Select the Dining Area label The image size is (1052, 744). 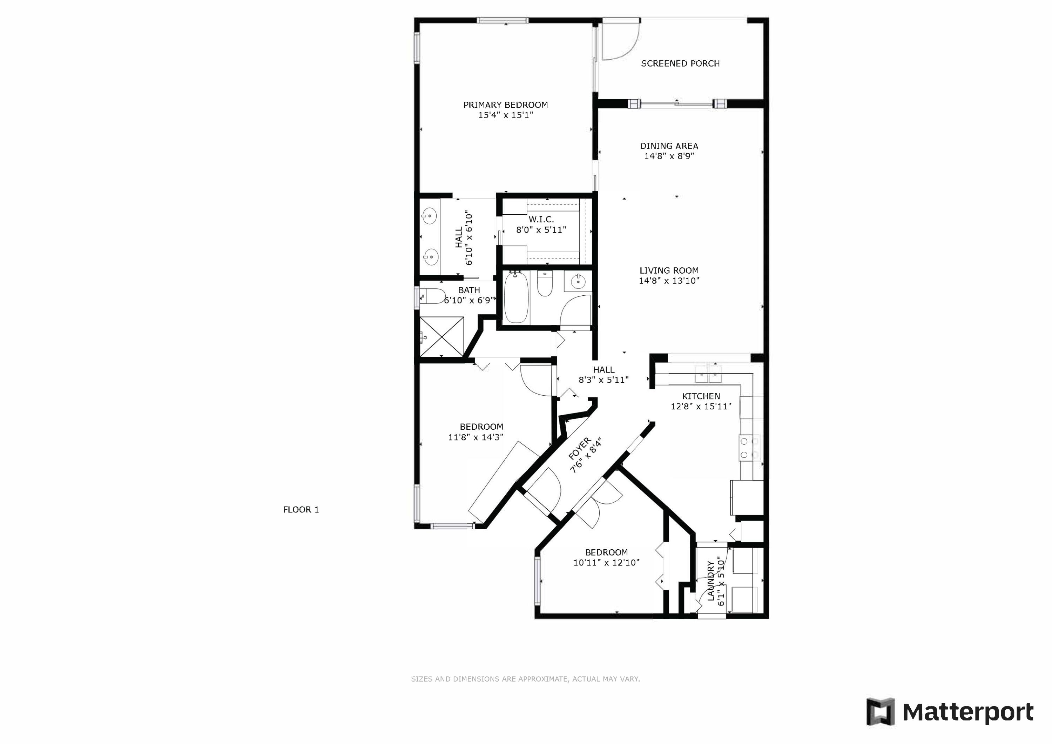click(669, 146)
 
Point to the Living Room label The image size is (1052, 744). click(669, 271)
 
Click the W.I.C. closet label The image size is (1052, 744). click(541, 220)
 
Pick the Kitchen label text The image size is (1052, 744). click(701, 396)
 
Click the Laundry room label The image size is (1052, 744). click(711, 581)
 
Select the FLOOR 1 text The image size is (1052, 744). click(301, 509)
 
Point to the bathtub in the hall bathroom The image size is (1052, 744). click(517, 297)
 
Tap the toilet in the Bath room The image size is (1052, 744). click(431, 296)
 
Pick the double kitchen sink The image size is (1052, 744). click(708, 374)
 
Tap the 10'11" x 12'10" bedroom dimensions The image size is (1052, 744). click(606, 562)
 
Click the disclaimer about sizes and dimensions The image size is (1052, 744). click(526, 679)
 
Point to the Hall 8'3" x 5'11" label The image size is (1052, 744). click(603, 375)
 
